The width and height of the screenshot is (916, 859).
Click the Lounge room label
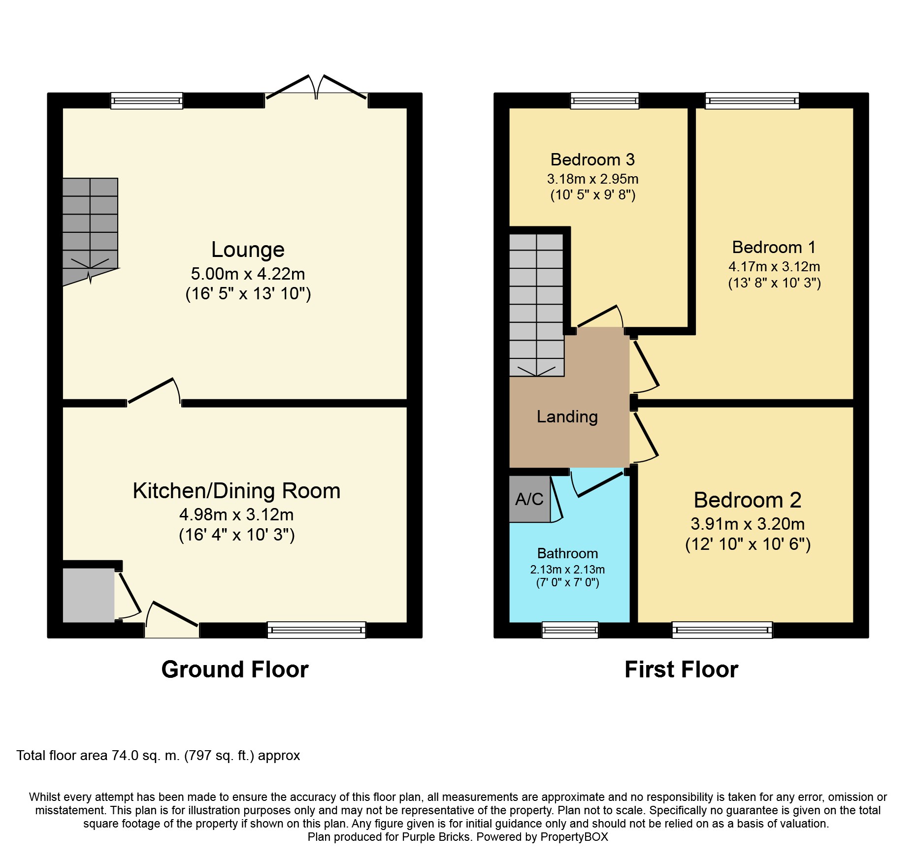pos(248,250)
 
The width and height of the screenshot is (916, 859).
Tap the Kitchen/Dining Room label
pos(237,491)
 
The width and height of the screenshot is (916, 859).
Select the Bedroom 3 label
pos(592,159)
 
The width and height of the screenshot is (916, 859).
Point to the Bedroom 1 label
pos(774,247)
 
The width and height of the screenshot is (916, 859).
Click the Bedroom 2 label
pos(748,500)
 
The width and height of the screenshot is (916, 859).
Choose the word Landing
pos(567,417)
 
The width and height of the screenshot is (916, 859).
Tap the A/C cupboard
pos(530,499)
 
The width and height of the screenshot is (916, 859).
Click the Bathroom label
pos(567,553)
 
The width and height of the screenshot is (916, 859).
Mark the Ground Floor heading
pos(235,669)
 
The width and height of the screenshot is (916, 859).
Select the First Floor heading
pos(682,669)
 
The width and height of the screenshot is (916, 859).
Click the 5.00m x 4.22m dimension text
pos(248,274)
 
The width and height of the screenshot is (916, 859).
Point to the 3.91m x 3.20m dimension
pos(748,524)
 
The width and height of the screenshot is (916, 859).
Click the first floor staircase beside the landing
pos(537,305)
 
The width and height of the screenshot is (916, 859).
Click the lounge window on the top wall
pos(147,100)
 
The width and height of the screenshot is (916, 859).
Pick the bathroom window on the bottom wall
pos(570,630)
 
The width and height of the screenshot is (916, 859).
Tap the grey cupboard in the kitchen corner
pos(89,595)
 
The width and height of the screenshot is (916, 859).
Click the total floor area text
pos(158,756)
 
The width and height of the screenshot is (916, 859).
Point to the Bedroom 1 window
pos(752,100)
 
